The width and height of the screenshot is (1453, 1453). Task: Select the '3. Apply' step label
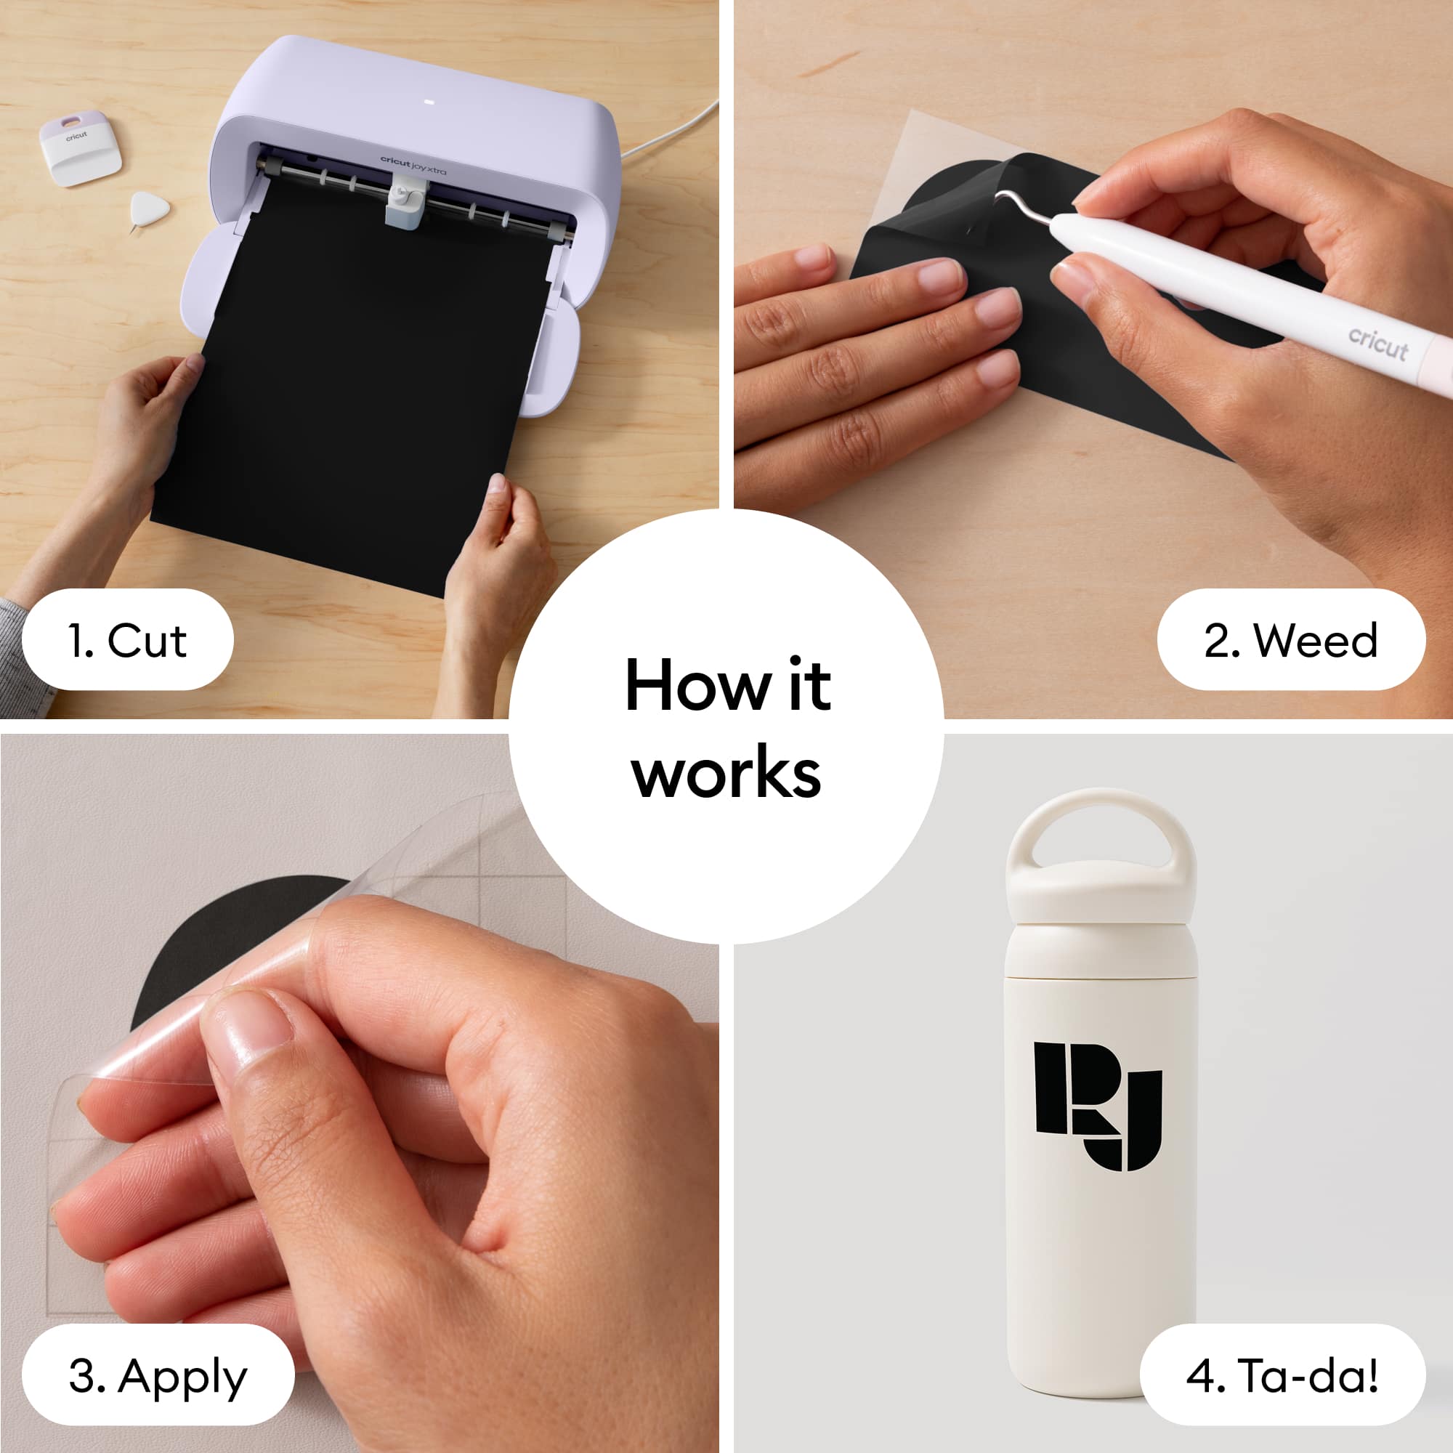tap(158, 1375)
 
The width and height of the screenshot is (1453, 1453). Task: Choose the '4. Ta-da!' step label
tap(1282, 1375)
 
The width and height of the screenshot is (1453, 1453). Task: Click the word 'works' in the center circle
tap(726, 773)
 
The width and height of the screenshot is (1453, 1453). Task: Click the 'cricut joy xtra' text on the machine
tap(413, 166)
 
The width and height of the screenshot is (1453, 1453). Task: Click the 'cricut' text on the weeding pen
tap(1377, 344)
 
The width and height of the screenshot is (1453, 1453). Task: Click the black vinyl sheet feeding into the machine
tap(354, 384)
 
